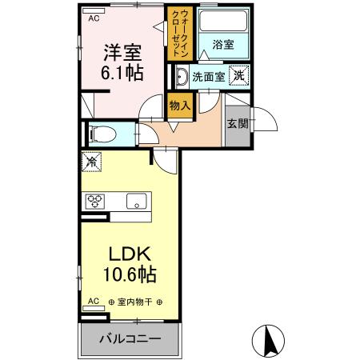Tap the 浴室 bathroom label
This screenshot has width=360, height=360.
click(x=223, y=45)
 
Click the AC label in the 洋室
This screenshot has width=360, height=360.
click(x=94, y=18)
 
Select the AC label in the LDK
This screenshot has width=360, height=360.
click(x=93, y=302)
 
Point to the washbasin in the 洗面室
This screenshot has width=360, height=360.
click(x=183, y=77)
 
